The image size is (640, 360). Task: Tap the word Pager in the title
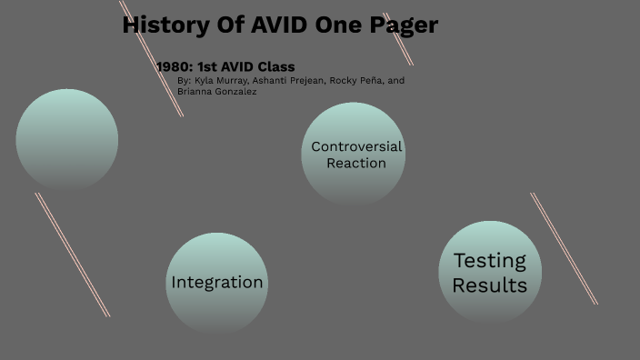pyautogui.click(x=403, y=25)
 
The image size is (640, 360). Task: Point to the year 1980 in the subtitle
pyautogui.click(x=173, y=66)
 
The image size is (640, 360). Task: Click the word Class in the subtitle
pyautogui.click(x=275, y=66)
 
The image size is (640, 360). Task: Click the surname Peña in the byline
pyautogui.click(x=370, y=81)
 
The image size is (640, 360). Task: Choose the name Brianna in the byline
pyautogui.click(x=195, y=92)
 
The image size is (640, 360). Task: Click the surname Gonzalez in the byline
pyautogui.click(x=236, y=92)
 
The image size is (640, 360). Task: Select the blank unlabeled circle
pyautogui.click(x=67, y=139)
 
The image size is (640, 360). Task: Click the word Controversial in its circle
pyautogui.click(x=356, y=146)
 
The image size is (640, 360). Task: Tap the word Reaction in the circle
pyautogui.click(x=356, y=164)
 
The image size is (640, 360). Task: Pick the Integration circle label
pyautogui.click(x=217, y=283)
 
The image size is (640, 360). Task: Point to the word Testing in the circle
pyautogui.click(x=490, y=261)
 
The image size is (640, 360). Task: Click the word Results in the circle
pyautogui.click(x=490, y=285)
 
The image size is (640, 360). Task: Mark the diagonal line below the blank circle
pyautogui.click(x=73, y=255)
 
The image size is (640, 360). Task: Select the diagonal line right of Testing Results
pyautogui.click(x=564, y=248)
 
